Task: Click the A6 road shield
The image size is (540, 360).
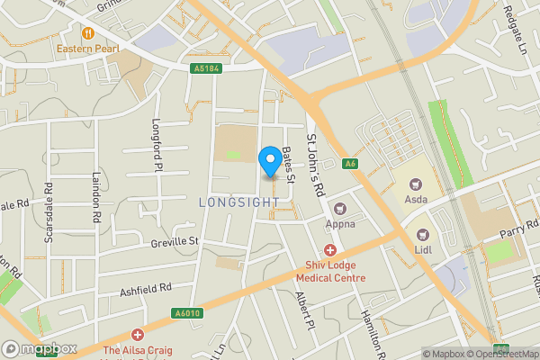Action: coord(351,163)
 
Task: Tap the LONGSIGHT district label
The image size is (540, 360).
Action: coord(237,202)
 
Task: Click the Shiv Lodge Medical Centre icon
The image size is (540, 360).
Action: coord(330,250)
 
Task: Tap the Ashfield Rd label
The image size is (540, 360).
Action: coord(145,289)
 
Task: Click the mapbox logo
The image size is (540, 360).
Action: coord(40,348)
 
